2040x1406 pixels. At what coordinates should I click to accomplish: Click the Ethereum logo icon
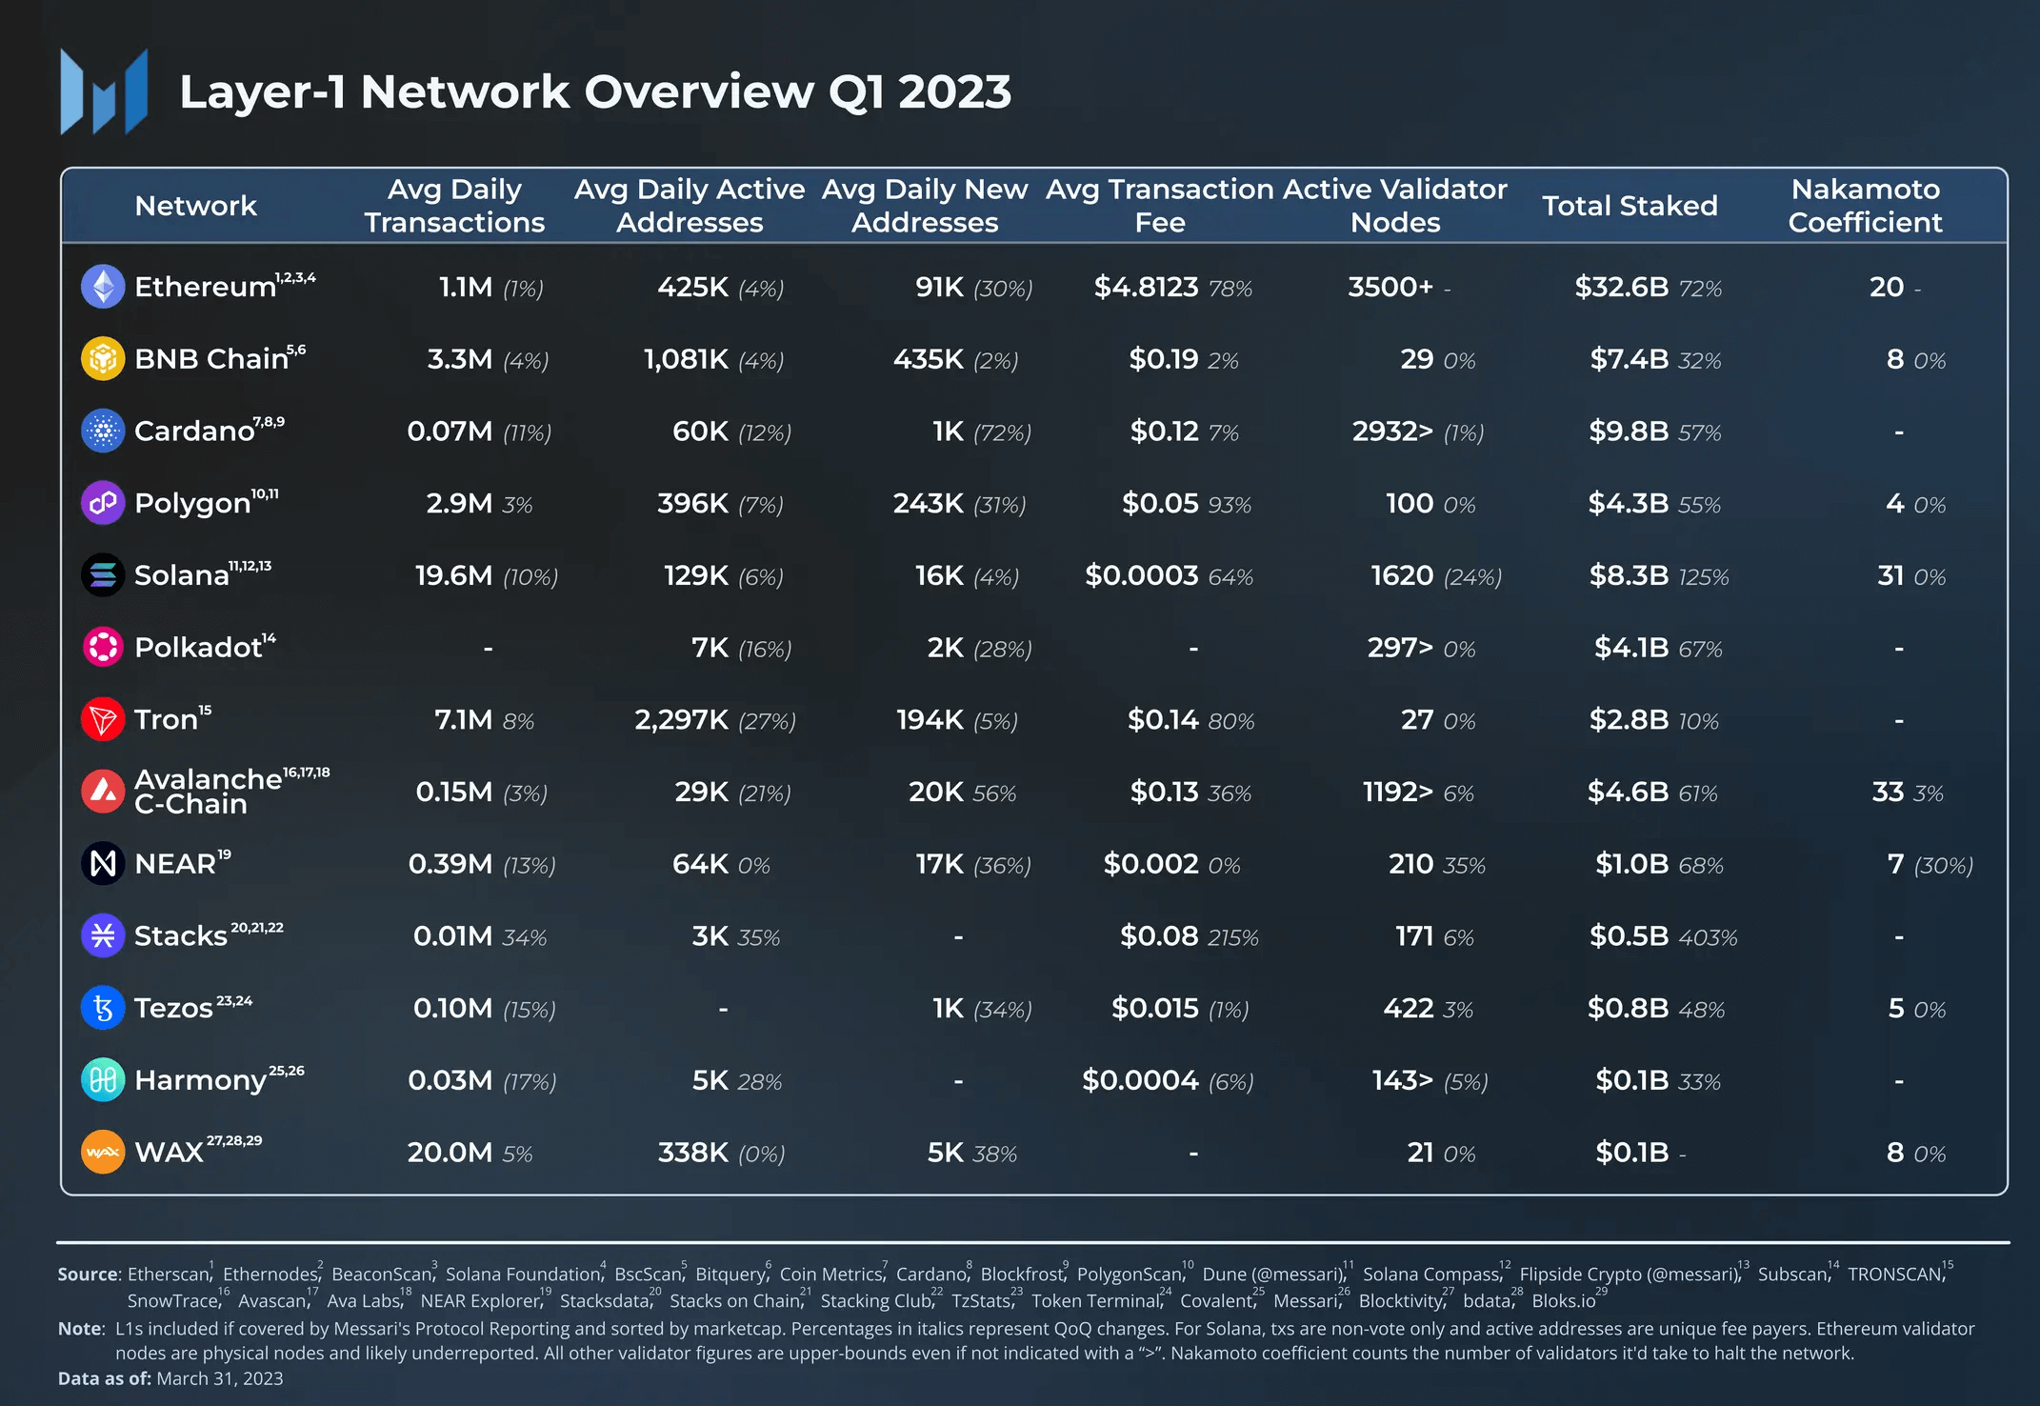tap(103, 287)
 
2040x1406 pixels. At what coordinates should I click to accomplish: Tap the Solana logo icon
tap(103, 575)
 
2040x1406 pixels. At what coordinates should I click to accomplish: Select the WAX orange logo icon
tap(103, 1153)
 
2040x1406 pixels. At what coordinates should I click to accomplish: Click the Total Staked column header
tap(1630, 206)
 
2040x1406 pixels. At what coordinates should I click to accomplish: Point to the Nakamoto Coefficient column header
tap(1865, 206)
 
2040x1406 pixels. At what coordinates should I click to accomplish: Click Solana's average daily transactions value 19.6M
tap(454, 575)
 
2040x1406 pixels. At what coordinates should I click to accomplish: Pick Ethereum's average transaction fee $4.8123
tap(1146, 287)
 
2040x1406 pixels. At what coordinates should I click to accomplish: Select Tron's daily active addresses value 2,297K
tap(682, 719)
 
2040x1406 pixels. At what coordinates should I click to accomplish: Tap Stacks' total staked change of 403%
tap(1708, 937)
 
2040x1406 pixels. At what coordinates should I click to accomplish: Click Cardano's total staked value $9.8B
tap(1629, 432)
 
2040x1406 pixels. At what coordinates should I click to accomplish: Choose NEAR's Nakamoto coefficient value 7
tap(1895, 864)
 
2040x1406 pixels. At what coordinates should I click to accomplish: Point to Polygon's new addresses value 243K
tap(929, 503)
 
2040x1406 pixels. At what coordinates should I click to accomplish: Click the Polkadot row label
tap(198, 648)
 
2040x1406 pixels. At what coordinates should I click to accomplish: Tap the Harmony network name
tap(201, 1080)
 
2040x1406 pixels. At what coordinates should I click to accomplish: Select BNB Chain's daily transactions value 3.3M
tap(460, 359)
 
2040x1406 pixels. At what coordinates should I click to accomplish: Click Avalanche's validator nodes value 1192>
tap(1398, 792)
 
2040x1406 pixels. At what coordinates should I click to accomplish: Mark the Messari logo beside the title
tap(104, 92)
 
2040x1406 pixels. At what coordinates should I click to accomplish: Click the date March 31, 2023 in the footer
tap(219, 1378)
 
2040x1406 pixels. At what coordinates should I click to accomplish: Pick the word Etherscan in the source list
tap(168, 1275)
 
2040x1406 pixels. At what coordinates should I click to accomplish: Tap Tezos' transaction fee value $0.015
tap(1155, 1008)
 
